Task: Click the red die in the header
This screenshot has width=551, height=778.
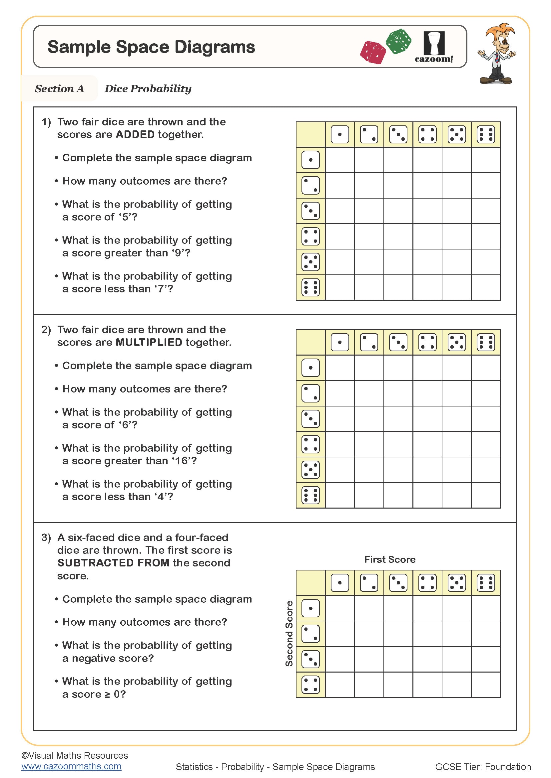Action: pyautogui.click(x=373, y=53)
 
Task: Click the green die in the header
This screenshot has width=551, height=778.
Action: pyautogui.click(x=399, y=41)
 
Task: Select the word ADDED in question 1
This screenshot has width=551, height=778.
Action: pyautogui.click(x=135, y=134)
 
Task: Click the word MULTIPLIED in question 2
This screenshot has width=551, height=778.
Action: pyautogui.click(x=149, y=342)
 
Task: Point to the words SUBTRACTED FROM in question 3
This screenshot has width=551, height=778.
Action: pyautogui.click(x=113, y=562)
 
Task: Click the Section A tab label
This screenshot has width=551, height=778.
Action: pyautogui.click(x=59, y=88)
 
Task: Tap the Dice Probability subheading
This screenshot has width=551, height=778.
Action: pyautogui.click(x=148, y=88)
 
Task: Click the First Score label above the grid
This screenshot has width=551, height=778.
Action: pyautogui.click(x=390, y=559)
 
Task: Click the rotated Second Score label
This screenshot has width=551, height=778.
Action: pyautogui.click(x=289, y=633)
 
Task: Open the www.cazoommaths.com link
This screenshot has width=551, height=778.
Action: pyautogui.click(x=71, y=766)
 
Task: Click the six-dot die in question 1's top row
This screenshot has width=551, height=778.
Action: pyautogui.click(x=485, y=134)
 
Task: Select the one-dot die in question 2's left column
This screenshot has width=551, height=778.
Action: pyautogui.click(x=310, y=368)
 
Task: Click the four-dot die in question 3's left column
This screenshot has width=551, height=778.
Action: pyautogui.click(x=310, y=685)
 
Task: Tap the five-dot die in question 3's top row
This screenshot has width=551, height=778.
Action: pyautogui.click(x=456, y=583)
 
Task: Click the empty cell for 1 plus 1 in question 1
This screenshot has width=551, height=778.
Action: pyautogui.click(x=339, y=160)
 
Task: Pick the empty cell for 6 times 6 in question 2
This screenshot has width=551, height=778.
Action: pyautogui.click(x=485, y=495)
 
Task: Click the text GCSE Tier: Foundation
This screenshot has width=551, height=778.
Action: pyautogui.click(x=482, y=766)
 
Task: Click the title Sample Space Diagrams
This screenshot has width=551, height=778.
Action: pyautogui.click(x=151, y=47)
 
